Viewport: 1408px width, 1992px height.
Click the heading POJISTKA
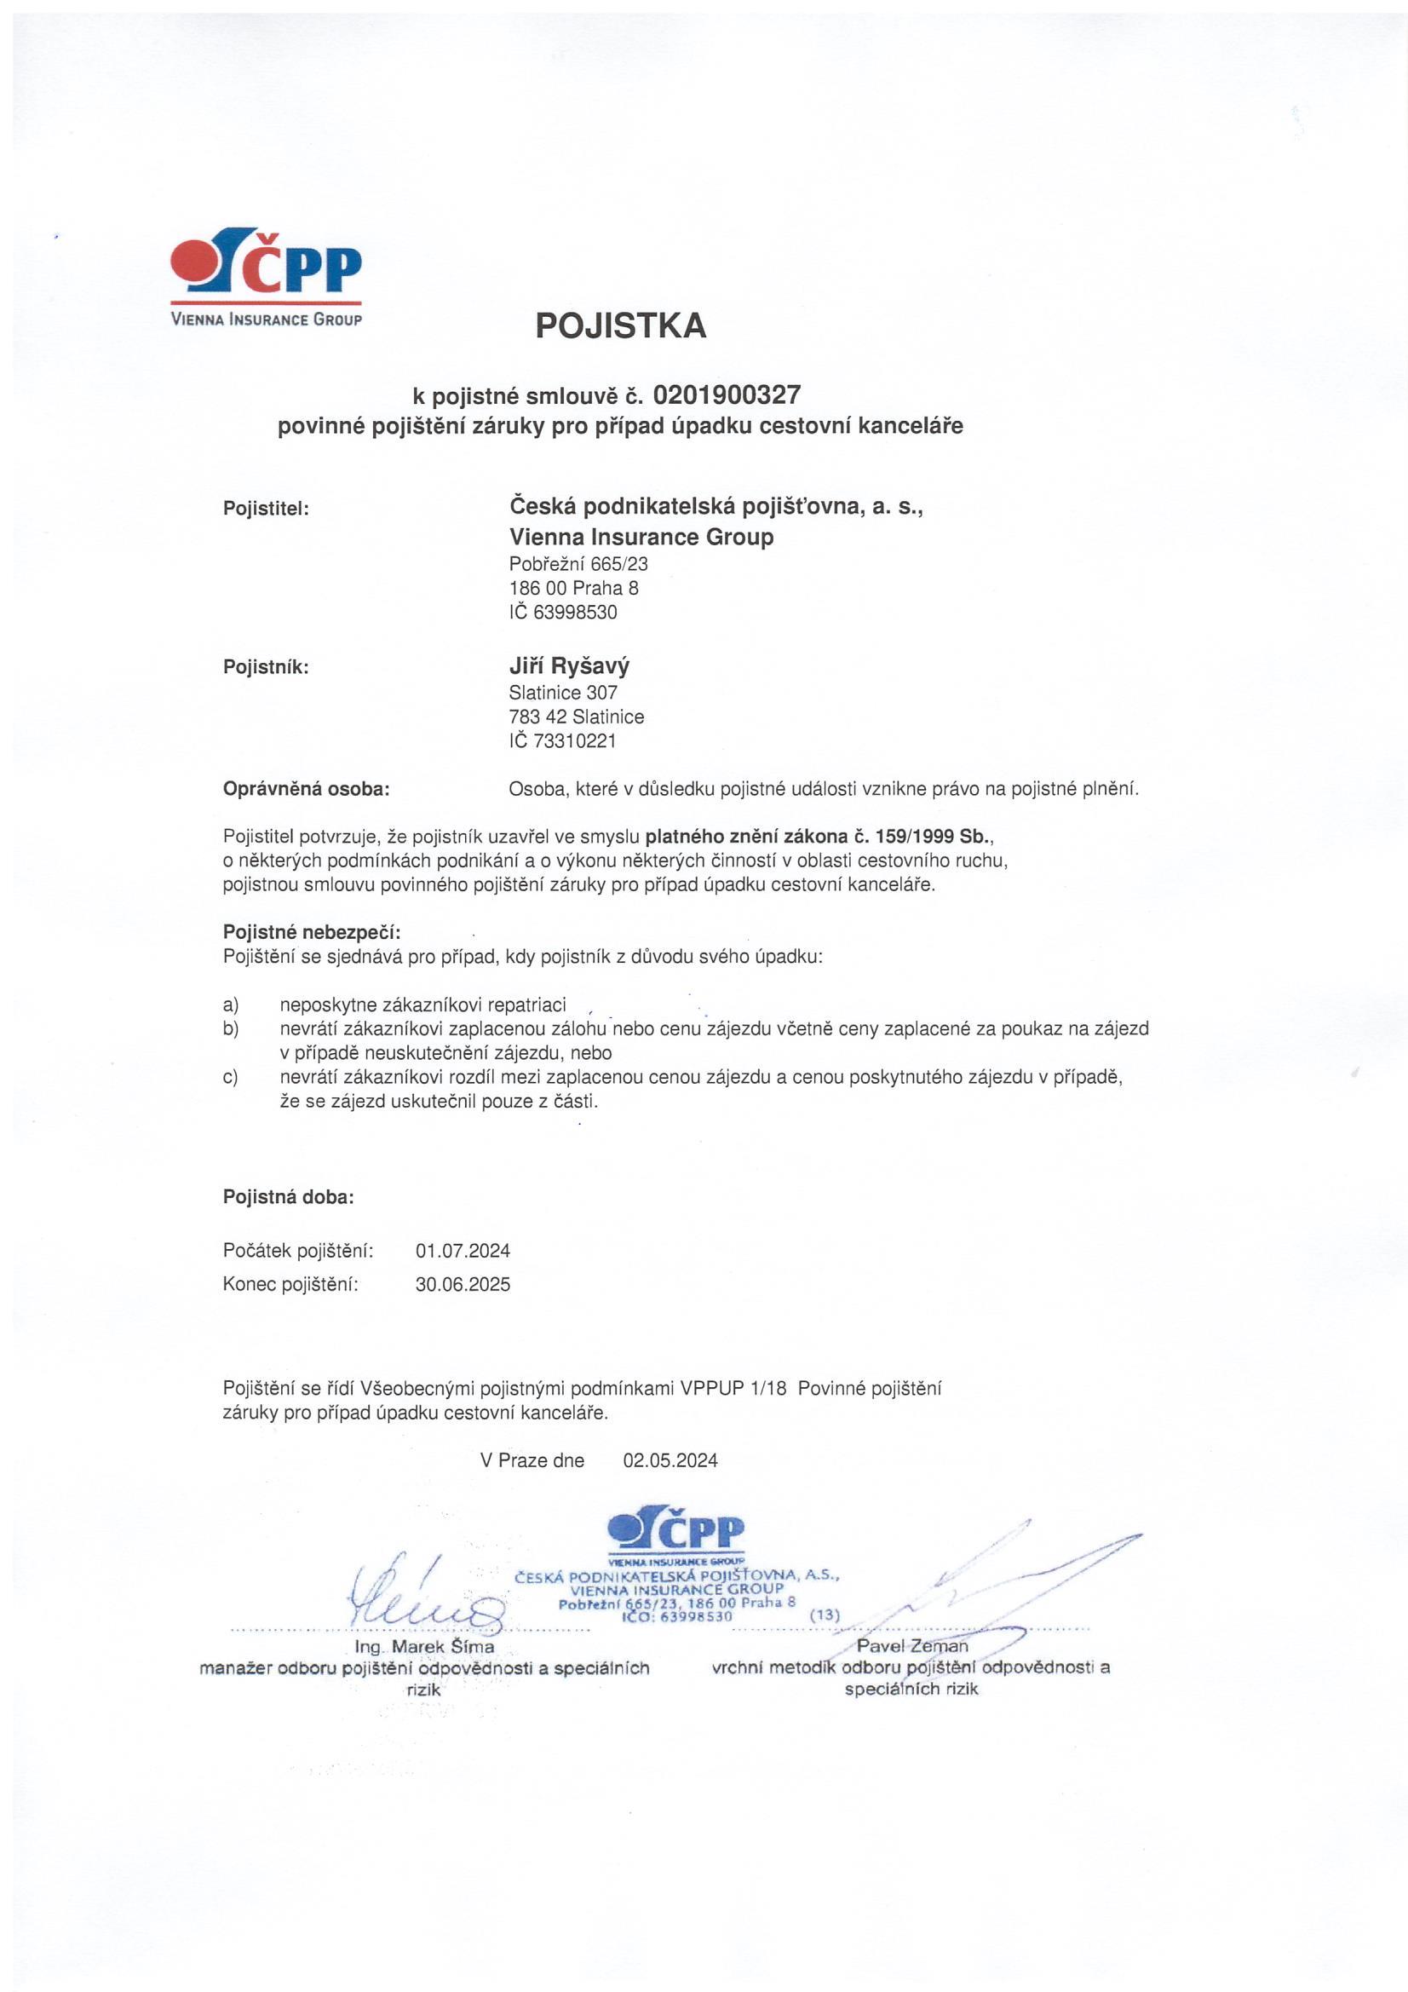click(x=620, y=325)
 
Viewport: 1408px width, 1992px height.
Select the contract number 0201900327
click(x=726, y=395)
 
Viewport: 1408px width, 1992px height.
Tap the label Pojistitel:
click(x=267, y=509)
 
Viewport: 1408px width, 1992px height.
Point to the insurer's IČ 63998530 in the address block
click(x=563, y=612)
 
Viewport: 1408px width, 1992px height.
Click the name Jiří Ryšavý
click(x=568, y=666)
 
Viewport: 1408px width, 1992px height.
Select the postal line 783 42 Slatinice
click(x=576, y=717)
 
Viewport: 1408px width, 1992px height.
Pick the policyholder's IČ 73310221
click(x=563, y=741)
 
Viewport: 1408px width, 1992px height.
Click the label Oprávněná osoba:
click(x=307, y=789)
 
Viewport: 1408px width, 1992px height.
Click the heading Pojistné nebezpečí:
click(x=312, y=933)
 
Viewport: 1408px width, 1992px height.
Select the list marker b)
click(x=231, y=1029)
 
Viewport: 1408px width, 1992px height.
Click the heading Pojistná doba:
click(x=289, y=1197)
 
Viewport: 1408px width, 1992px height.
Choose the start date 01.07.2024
click(x=463, y=1250)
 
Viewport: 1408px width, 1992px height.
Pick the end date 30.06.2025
click(x=463, y=1284)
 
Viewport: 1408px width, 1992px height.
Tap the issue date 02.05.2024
click(x=670, y=1460)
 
